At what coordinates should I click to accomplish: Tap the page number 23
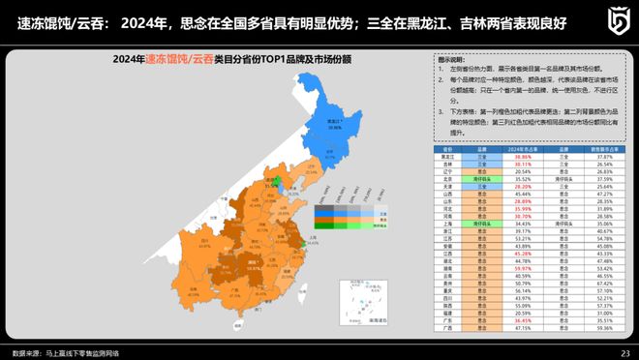(624, 352)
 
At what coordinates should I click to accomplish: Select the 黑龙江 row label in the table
(446, 156)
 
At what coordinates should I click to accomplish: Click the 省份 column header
(446, 149)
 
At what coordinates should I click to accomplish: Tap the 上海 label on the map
(311, 235)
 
